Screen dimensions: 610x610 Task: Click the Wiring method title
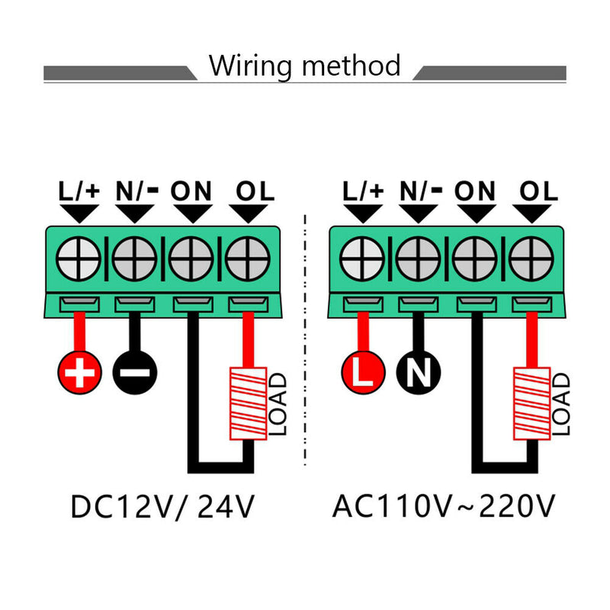pyautogui.click(x=305, y=66)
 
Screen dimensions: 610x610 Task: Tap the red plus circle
pyautogui.click(x=79, y=372)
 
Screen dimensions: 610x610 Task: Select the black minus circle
pyautogui.click(x=135, y=372)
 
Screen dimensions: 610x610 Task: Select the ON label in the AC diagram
pyautogui.click(x=475, y=191)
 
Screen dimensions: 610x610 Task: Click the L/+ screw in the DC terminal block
pyautogui.click(x=80, y=259)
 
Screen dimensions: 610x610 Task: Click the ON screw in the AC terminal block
pyautogui.click(x=474, y=259)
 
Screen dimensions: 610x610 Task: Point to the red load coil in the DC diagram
pyautogui.click(x=248, y=404)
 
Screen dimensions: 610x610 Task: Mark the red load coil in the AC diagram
pyautogui.click(x=531, y=404)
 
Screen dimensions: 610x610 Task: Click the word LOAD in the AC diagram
pyautogui.click(x=562, y=404)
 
